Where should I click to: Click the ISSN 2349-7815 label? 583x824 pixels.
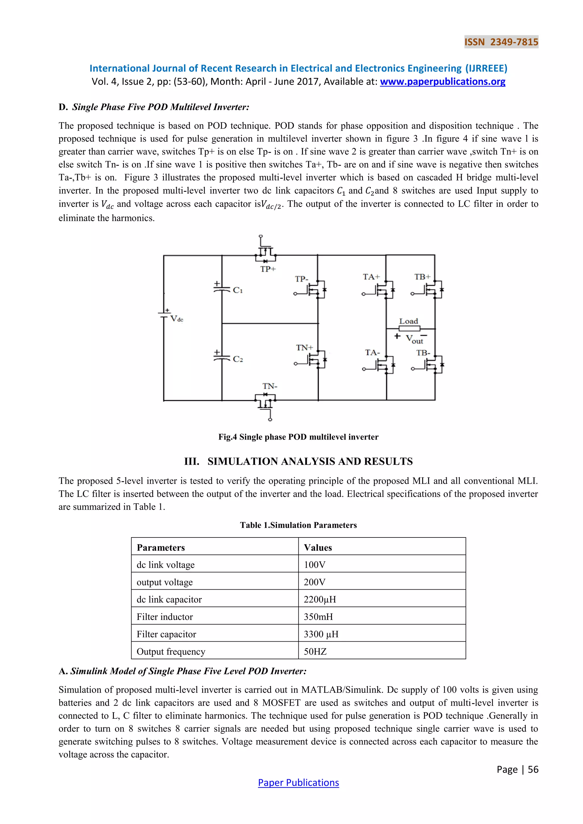pos(501,42)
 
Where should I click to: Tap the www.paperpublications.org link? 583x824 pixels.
pos(442,82)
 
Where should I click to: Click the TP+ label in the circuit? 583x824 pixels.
pos(268,269)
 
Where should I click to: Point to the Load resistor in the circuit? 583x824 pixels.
pos(409,328)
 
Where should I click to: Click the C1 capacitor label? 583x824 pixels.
pos(238,290)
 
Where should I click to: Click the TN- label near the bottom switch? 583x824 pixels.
pos(270,386)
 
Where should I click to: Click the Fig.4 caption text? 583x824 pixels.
pos(298,437)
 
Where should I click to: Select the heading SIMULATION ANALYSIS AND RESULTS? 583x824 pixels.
pos(310,461)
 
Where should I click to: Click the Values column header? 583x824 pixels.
pos(318,547)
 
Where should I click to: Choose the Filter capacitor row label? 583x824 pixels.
pos(166,634)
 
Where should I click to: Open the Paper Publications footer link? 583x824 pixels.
pos(298,782)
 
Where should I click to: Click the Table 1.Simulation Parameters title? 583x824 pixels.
pos(298,525)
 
